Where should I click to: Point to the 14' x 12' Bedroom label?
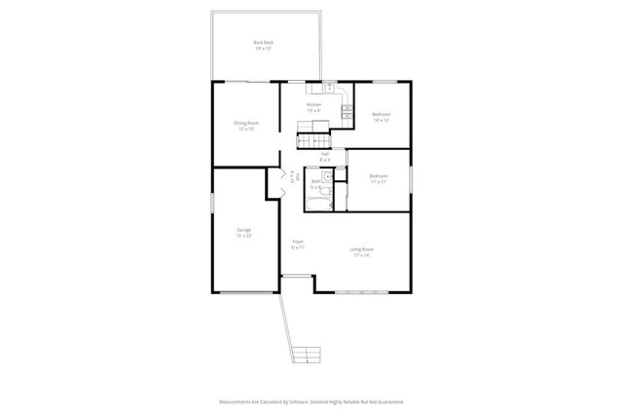381,117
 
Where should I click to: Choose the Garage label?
243,232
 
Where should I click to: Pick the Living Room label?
362,251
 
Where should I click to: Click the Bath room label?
316,183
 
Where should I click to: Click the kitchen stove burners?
347,110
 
